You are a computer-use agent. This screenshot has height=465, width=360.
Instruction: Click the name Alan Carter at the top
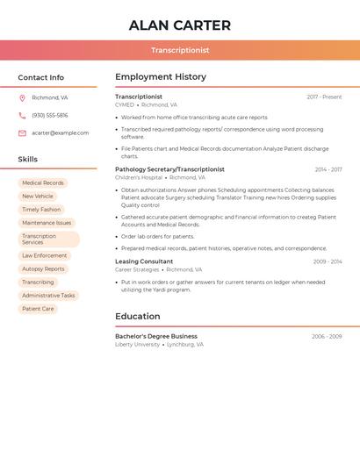[x=180, y=25]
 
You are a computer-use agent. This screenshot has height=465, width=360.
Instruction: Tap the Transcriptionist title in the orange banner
[x=180, y=51]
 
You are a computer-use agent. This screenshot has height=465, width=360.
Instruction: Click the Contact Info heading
[x=40, y=77]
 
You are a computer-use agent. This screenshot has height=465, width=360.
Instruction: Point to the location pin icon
[x=22, y=97]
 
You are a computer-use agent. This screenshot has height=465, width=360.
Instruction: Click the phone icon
[x=22, y=115]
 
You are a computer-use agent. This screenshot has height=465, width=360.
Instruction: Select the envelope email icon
[x=22, y=133]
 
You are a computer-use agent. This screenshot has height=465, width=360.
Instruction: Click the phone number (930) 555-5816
[x=49, y=115]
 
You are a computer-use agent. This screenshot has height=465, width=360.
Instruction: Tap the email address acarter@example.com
[x=60, y=133]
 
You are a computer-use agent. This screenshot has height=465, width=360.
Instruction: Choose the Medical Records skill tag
[x=43, y=183]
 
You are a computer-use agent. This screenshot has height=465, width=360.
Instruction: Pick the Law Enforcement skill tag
[x=44, y=256]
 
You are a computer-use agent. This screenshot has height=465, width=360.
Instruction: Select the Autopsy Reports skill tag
[x=43, y=269]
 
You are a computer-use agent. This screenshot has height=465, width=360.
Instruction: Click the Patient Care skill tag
[x=38, y=309]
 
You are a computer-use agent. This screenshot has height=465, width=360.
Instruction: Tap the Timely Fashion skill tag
[x=41, y=210]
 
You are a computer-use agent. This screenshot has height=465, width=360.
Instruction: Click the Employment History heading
[x=161, y=77]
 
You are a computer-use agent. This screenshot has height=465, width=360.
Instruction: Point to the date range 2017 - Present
[x=324, y=97]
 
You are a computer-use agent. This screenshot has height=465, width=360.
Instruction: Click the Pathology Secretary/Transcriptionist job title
[x=169, y=169]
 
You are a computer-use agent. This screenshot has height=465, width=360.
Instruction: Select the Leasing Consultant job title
[x=144, y=261]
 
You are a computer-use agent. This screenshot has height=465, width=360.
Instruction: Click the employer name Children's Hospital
[x=139, y=177]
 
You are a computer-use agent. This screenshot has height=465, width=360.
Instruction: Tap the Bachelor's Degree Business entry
[x=156, y=336]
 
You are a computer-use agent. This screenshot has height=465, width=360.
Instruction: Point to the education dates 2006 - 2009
[x=327, y=337]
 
